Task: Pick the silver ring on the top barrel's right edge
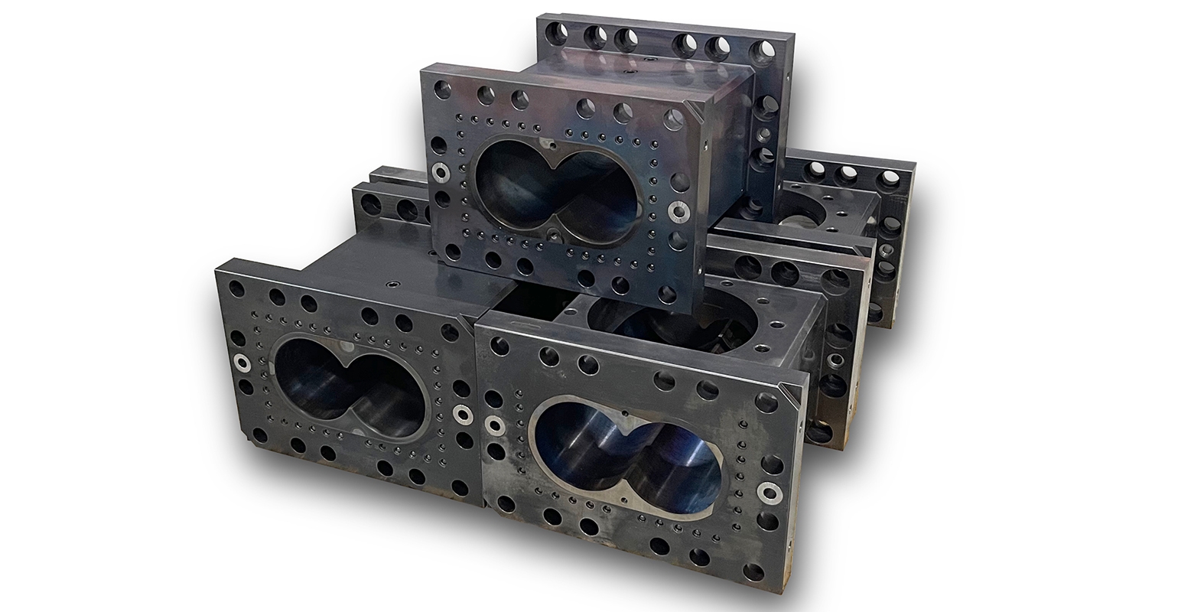(677, 209)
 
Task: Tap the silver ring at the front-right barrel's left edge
(495, 424)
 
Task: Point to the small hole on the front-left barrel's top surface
(391, 282)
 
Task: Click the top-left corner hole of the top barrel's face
(444, 88)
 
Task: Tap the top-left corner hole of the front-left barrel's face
(236, 288)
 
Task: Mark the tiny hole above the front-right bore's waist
(625, 414)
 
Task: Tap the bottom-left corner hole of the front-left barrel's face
(260, 435)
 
